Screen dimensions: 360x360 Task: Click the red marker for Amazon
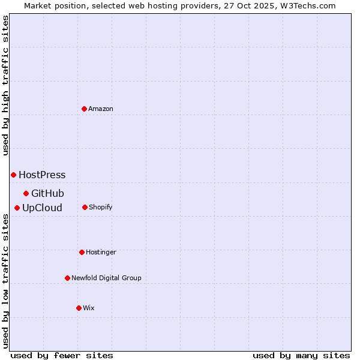pyautogui.click(x=84, y=109)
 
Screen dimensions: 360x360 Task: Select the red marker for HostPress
pyautogui.click(x=13, y=175)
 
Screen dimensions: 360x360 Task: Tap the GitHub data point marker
pyautogui.click(x=26, y=193)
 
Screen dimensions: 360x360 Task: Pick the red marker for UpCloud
pyautogui.click(x=17, y=208)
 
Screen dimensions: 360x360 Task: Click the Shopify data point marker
pyautogui.click(x=85, y=207)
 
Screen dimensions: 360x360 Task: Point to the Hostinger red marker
pyautogui.click(x=82, y=252)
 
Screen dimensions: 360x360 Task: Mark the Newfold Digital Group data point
pyautogui.click(x=67, y=278)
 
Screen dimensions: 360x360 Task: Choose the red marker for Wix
pyautogui.click(x=79, y=308)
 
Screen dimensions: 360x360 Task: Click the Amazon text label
pyautogui.click(x=101, y=109)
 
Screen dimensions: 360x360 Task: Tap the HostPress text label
pyautogui.click(x=42, y=175)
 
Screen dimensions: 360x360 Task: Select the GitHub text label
pyautogui.click(x=47, y=193)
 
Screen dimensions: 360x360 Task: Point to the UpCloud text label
pyautogui.click(x=42, y=208)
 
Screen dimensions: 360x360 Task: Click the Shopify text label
pyautogui.click(x=101, y=208)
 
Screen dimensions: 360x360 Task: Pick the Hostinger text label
pyautogui.click(x=101, y=253)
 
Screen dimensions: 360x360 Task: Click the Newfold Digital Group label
pyautogui.click(x=106, y=278)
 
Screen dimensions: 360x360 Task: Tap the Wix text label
pyautogui.click(x=89, y=308)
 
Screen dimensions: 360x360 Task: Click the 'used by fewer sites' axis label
pyautogui.click(x=62, y=355)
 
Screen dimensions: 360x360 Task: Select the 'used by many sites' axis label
pyautogui.click(x=301, y=355)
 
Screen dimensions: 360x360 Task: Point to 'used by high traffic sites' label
pyautogui.click(x=6, y=85)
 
